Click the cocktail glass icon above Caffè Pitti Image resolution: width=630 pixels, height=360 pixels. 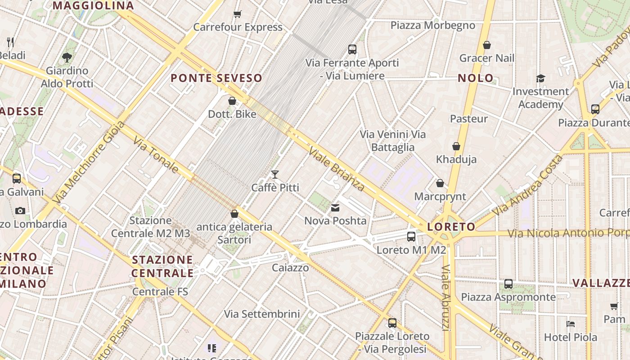[275, 175]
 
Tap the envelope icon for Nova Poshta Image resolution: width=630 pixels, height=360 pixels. [335, 208]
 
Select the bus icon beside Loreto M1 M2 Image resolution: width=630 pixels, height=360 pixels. [411, 237]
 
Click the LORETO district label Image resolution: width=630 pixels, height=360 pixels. [451, 227]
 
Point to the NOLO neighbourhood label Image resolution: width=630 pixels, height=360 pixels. [476, 78]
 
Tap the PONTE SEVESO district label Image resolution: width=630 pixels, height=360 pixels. [216, 78]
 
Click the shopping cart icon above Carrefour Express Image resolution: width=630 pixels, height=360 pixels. [238, 14]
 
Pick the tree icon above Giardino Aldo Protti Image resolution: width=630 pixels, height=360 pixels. [67, 58]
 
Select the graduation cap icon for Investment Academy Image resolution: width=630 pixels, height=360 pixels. [540, 79]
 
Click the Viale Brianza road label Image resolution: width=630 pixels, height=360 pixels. [336, 168]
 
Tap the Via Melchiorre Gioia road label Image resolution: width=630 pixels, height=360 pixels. [88, 162]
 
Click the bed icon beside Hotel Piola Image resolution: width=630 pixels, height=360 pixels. [571, 324]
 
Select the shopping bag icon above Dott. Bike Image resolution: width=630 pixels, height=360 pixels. [232, 101]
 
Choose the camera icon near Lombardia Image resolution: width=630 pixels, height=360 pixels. [20, 211]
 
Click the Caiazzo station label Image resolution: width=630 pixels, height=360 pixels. [290, 268]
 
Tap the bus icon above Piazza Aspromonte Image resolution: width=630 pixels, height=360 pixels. [508, 284]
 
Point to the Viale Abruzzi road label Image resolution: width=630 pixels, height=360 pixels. [446, 297]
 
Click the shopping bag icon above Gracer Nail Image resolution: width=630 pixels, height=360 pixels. [486, 45]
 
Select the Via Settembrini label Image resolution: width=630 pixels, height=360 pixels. [262, 314]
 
